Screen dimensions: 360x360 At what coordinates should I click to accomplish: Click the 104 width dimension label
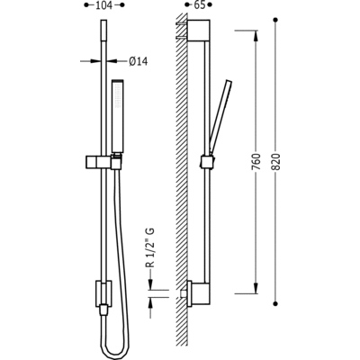pos(103,5)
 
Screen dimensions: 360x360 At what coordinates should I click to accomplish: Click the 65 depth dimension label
pos(198,5)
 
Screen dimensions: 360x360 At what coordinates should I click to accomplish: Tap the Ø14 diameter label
pos(139,61)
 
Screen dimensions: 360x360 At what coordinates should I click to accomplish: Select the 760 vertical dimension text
pos(256,162)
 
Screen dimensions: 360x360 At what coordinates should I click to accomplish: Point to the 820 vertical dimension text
pos(276,162)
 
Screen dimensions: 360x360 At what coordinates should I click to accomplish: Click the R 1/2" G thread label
pos(150,247)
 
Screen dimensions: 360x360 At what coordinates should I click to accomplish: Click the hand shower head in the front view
pos(117,116)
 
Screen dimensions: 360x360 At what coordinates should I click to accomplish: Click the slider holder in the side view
pos(207,161)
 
